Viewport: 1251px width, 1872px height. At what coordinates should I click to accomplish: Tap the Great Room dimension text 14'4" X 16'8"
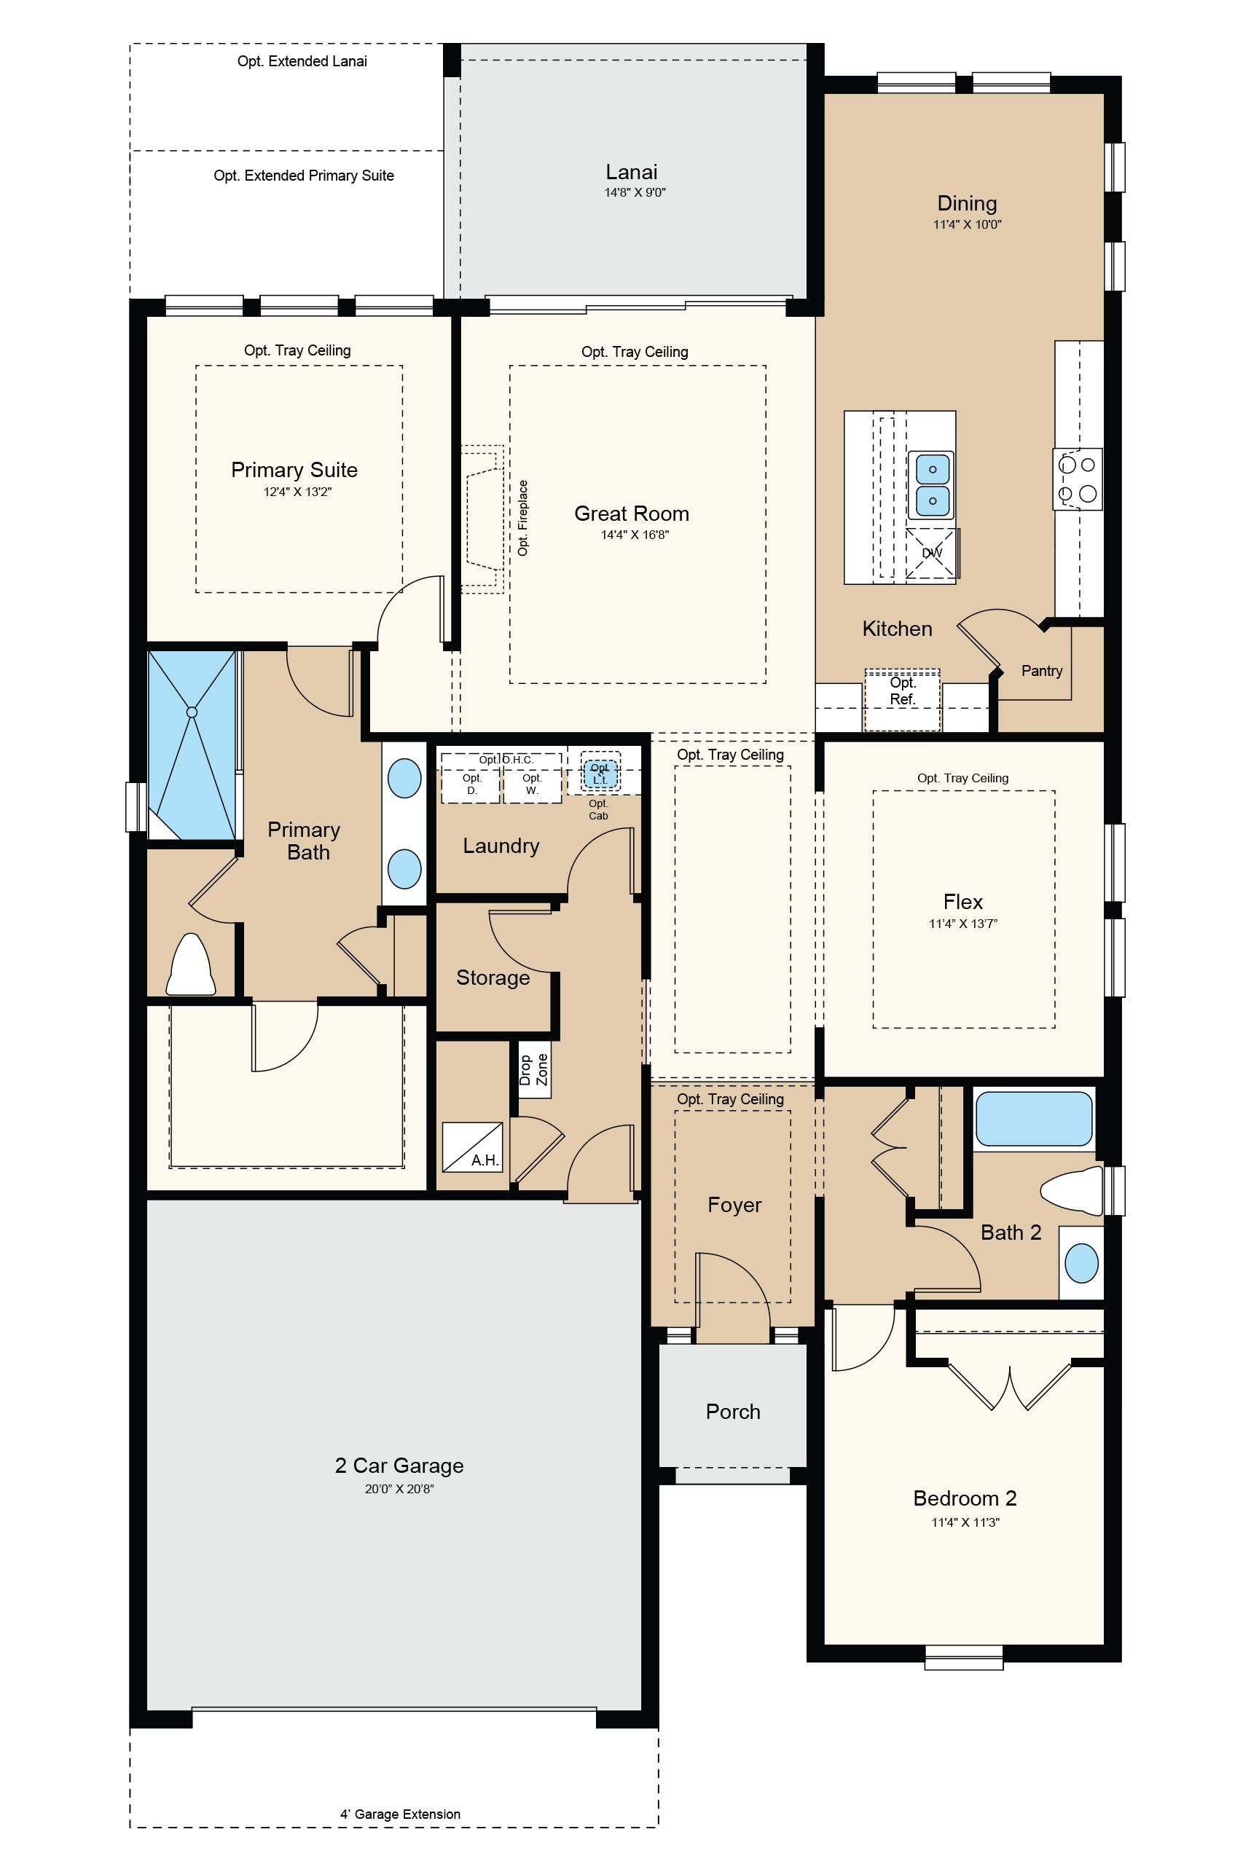coord(635,535)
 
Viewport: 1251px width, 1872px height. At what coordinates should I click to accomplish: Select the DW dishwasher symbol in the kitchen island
coord(932,553)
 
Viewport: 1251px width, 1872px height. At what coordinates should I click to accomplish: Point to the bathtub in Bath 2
coord(1033,1118)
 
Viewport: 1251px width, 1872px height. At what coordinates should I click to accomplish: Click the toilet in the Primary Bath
coord(191,965)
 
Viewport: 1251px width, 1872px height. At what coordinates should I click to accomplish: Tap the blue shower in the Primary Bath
coord(192,745)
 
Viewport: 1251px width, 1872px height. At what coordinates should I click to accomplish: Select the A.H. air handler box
coord(472,1147)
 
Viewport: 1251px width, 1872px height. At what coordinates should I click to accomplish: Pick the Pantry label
coord(1042,671)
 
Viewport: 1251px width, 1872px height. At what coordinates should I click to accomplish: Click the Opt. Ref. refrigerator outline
coord(902,699)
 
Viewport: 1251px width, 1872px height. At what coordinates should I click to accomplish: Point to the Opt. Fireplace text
coord(522,518)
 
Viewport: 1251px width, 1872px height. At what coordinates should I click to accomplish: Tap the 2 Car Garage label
coord(399,1466)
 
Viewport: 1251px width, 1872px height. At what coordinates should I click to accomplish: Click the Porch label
coord(733,1412)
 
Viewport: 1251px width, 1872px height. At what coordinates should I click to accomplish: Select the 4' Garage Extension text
coord(401,1814)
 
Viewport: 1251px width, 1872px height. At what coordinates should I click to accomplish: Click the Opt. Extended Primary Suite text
coord(304,176)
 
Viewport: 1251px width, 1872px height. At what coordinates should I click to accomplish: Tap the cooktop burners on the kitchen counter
coord(1078,478)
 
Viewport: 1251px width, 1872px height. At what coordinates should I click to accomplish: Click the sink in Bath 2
coord(1082,1264)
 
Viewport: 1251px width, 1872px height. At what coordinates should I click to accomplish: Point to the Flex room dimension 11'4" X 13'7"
coord(963,924)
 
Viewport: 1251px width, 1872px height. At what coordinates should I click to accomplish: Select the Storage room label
coord(493,978)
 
